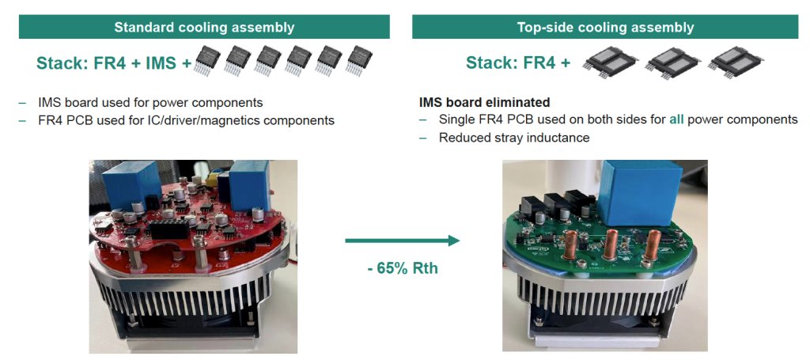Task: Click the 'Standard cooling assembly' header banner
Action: (204, 27)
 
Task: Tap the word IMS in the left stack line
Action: (163, 63)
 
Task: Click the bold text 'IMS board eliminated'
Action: (483, 103)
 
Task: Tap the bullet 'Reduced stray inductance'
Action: (514, 138)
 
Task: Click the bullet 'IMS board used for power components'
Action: (150, 103)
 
